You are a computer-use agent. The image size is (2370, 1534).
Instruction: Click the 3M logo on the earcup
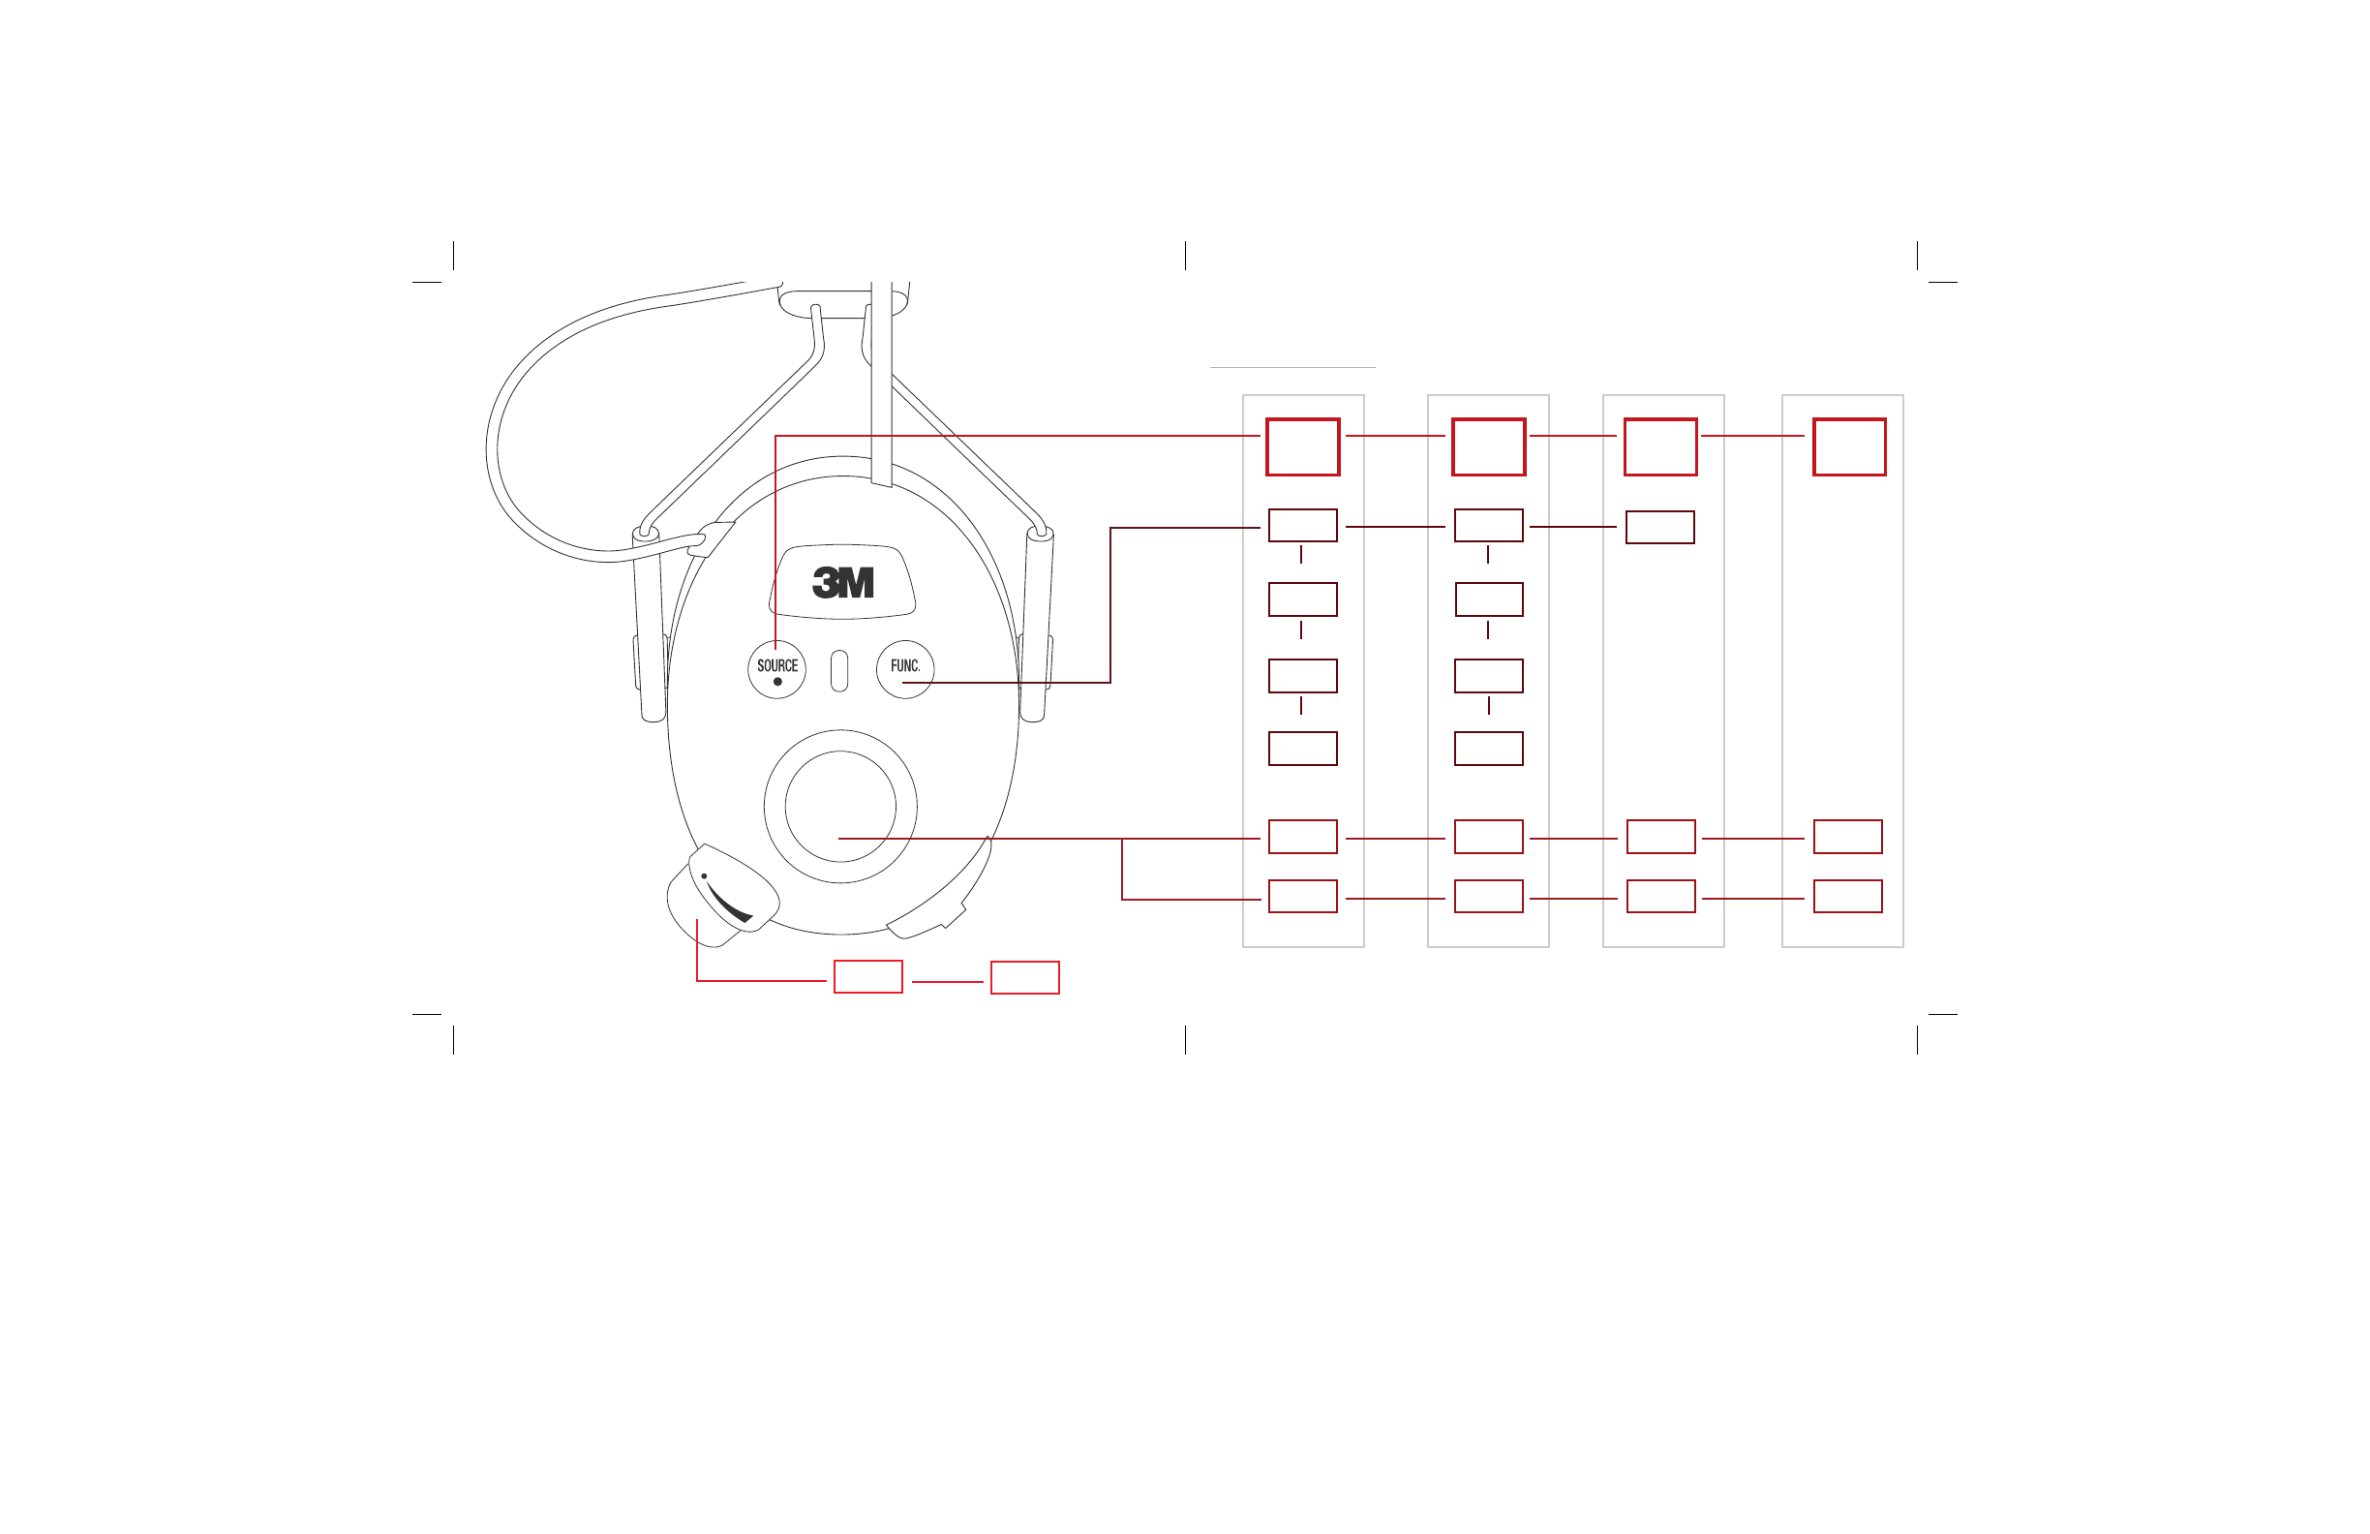(x=842, y=583)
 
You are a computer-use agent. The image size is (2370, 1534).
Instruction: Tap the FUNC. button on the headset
(x=904, y=668)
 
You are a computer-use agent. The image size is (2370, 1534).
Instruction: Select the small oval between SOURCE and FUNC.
(x=839, y=670)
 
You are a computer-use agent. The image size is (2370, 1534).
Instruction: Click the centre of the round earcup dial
(x=840, y=806)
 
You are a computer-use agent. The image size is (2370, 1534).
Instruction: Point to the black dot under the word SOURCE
(x=777, y=682)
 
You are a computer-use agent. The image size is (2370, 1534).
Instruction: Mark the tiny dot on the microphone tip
(x=704, y=876)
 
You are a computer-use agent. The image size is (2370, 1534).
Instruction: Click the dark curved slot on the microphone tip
(x=729, y=903)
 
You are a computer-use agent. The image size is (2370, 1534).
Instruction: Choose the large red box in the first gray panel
(x=1302, y=447)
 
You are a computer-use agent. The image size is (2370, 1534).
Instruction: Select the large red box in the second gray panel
(x=1489, y=447)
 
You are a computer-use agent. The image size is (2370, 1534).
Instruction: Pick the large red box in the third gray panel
(x=1661, y=447)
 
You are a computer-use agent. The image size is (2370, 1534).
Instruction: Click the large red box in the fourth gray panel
(x=1849, y=447)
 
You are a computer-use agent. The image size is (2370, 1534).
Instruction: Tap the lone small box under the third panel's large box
(x=1660, y=527)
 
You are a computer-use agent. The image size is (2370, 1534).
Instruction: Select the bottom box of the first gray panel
(x=1302, y=897)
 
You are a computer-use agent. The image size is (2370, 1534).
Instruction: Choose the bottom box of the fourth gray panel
(x=1848, y=897)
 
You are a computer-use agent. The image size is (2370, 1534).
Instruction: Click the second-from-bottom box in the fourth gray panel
(x=1848, y=837)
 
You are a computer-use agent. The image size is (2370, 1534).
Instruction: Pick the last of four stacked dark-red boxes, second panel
(x=1489, y=748)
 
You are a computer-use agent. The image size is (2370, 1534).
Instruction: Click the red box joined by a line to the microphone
(x=868, y=977)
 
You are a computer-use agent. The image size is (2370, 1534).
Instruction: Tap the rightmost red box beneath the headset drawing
(x=1024, y=977)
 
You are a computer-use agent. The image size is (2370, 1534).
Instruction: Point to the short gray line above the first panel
(x=1292, y=368)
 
